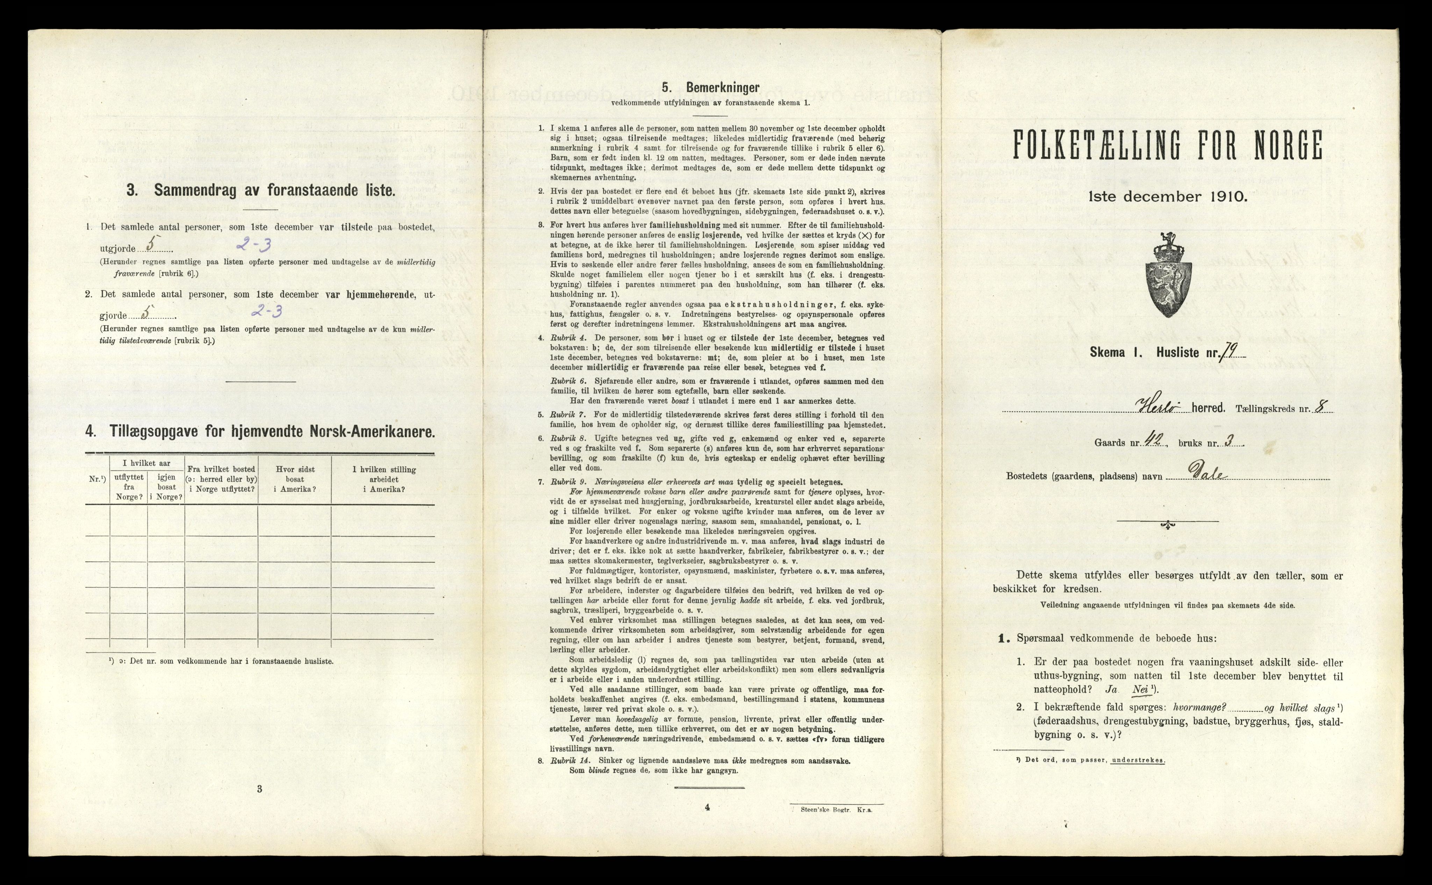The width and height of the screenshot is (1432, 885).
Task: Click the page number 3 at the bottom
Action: (x=259, y=789)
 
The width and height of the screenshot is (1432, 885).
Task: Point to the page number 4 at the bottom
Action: (x=707, y=807)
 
